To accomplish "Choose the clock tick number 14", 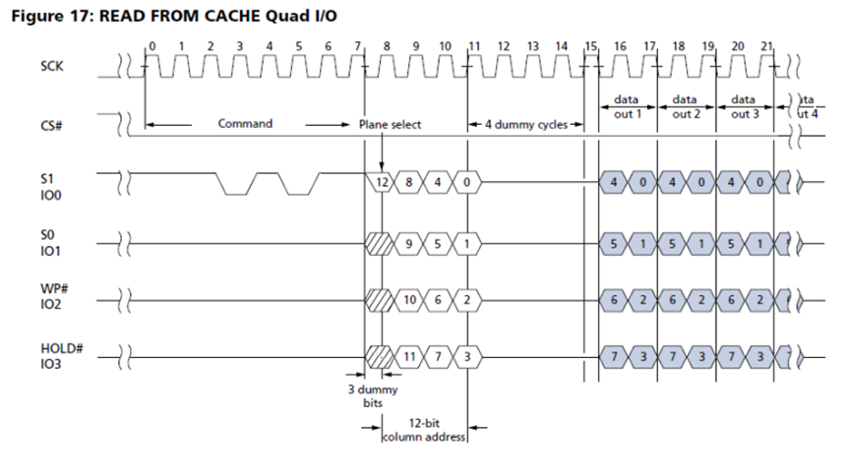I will point(561,46).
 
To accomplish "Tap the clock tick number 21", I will point(767,46).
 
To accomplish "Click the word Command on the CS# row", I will point(244,125).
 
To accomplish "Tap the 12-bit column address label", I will point(424,430).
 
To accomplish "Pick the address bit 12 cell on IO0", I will point(384,183).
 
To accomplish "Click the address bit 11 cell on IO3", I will point(411,354).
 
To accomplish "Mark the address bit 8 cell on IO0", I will point(411,183).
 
